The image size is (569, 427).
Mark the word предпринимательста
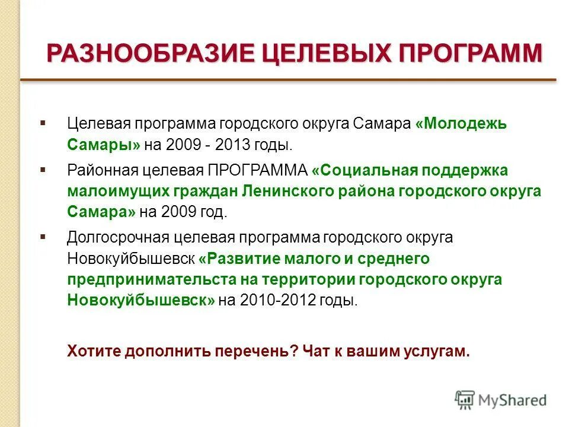pos(149,279)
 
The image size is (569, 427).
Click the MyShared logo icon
pos(465,400)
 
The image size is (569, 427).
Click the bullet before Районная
pos(43,170)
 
